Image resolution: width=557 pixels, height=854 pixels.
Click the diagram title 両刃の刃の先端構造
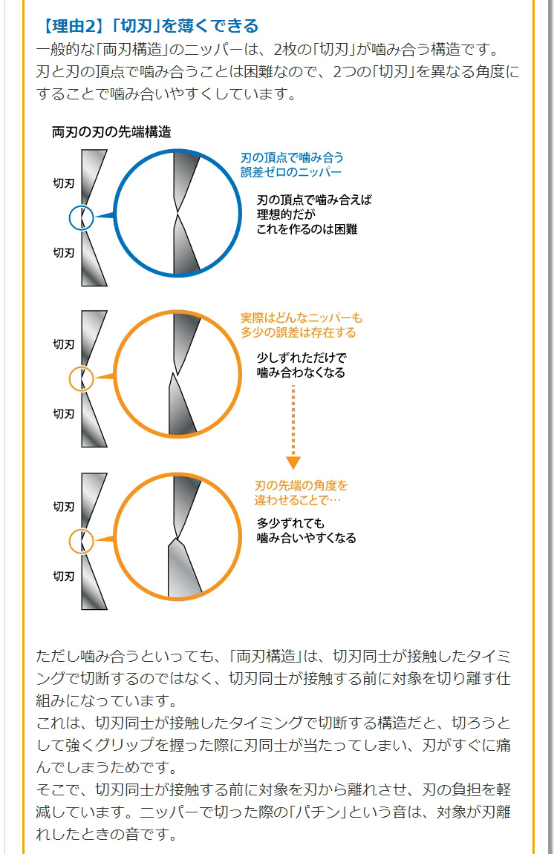tap(111, 133)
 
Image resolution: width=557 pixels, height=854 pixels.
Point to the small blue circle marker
tap(81, 217)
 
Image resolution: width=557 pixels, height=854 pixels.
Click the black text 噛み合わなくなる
tap(301, 372)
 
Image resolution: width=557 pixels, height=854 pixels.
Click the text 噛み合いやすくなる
tap(306, 538)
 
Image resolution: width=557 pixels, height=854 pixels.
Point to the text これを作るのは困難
tap(307, 229)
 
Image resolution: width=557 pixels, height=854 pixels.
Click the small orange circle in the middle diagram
tap(81, 378)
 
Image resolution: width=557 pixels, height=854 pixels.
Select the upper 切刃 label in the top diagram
tap(64, 183)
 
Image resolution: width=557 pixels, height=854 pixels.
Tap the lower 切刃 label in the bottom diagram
tap(64, 575)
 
